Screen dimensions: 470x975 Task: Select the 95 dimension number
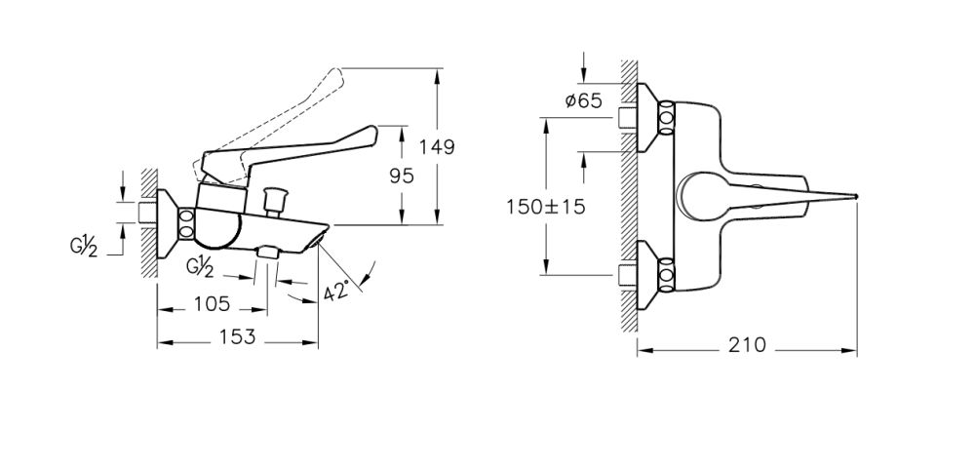pyautogui.click(x=401, y=176)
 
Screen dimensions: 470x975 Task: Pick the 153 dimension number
pyautogui.click(x=236, y=337)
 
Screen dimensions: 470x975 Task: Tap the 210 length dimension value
pyautogui.click(x=746, y=345)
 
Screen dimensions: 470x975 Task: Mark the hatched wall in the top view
pyautogui.click(x=629, y=195)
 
